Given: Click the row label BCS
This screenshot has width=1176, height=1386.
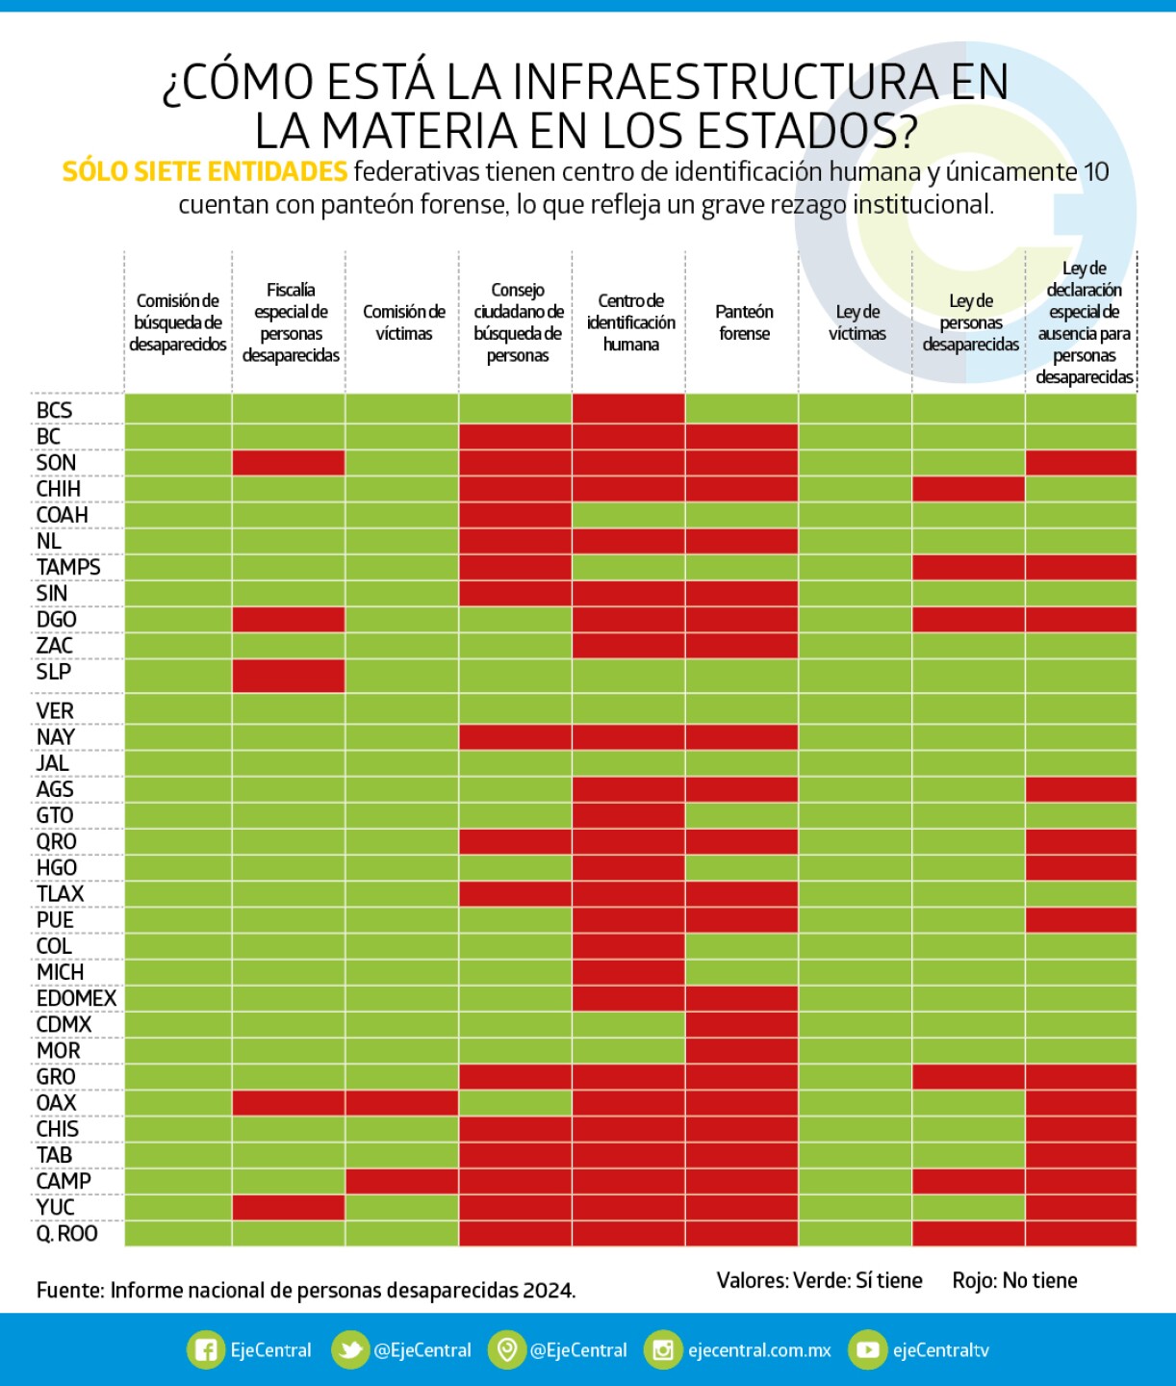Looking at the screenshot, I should pyautogui.click(x=54, y=410).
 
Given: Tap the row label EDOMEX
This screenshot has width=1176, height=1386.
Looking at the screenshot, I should pyautogui.click(x=76, y=998).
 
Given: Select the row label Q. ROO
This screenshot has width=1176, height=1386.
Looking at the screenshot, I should pyautogui.click(x=66, y=1233).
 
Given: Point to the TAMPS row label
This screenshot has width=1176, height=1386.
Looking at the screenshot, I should pyautogui.click(x=68, y=567).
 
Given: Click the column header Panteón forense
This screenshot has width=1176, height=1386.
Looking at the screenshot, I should pyautogui.click(x=743, y=322).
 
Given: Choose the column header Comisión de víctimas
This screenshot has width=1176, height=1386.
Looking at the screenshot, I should pyautogui.click(x=403, y=322).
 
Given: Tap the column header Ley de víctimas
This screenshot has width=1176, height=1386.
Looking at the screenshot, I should pyautogui.click(x=856, y=322).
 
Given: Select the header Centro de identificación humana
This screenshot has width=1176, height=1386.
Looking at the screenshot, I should pyautogui.click(x=630, y=322).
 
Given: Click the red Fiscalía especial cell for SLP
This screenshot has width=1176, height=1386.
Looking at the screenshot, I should pyautogui.click(x=289, y=675).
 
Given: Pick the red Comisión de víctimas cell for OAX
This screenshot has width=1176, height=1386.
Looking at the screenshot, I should pyautogui.click(x=402, y=1102).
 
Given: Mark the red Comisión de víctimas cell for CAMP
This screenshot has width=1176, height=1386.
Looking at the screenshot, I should pyautogui.click(x=402, y=1181).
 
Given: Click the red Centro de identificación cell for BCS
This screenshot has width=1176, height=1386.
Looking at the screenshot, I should pyautogui.click(x=628, y=408).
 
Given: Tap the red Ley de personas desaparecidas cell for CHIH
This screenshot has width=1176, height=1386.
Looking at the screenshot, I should pyautogui.click(x=968, y=488).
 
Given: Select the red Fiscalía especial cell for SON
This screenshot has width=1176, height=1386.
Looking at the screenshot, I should pyautogui.click(x=289, y=462).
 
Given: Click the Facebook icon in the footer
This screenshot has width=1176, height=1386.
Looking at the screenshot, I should pyautogui.click(x=205, y=1349).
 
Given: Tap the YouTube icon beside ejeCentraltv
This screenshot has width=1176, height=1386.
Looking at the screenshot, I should pyautogui.click(x=867, y=1349).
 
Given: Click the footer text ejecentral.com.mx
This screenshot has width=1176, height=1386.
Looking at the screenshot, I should pyautogui.click(x=759, y=1350).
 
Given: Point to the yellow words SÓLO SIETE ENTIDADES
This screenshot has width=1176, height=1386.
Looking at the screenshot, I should pyautogui.click(x=205, y=171).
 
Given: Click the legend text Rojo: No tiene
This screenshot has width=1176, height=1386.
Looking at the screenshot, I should pyautogui.click(x=1014, y=1280).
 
